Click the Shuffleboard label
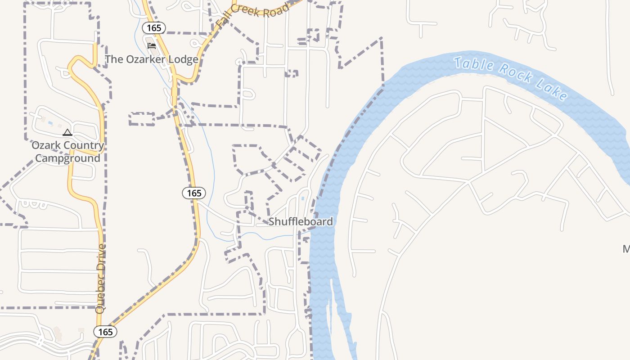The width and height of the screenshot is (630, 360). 301,221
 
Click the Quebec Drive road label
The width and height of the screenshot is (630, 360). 101,279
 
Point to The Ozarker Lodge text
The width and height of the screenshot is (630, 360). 152,59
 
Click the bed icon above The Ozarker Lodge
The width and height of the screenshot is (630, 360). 152,46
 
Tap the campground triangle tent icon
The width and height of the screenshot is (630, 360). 67,132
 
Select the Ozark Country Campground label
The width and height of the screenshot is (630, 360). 67,152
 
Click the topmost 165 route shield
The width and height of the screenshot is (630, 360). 154,28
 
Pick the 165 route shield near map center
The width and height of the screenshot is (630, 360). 194,193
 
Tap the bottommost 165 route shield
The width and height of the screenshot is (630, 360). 105,332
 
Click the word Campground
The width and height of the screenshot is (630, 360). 67,158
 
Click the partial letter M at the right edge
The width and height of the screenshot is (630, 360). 626,249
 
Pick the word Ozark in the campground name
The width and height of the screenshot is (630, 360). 46,145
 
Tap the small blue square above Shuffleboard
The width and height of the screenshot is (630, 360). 303,198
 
